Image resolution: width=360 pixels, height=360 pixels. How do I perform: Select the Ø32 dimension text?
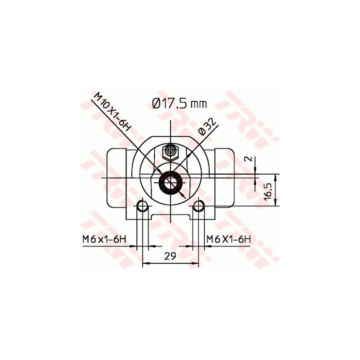(208, 127)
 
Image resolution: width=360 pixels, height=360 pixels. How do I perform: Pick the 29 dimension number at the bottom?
(170, 256)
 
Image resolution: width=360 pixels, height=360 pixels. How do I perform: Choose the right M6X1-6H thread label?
(228, 240)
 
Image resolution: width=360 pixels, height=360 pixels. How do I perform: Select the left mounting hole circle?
(142, 207)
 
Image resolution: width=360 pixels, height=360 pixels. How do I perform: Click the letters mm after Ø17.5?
(198, 105)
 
